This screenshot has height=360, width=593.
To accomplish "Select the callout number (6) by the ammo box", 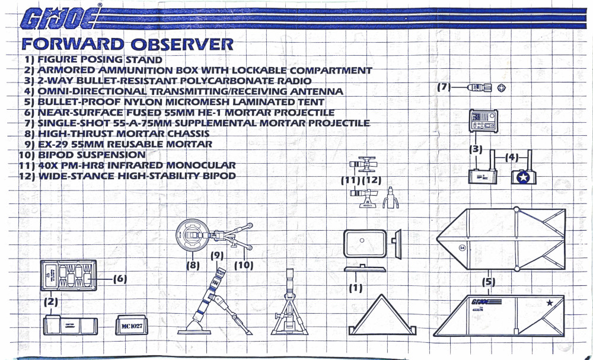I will (120, 279).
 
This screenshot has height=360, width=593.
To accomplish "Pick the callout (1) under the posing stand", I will (356, 288).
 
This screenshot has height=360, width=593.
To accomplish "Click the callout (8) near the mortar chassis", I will (193, 266).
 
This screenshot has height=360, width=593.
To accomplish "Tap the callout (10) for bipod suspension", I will (243, 265).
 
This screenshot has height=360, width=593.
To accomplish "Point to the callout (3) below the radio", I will (476, 149).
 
